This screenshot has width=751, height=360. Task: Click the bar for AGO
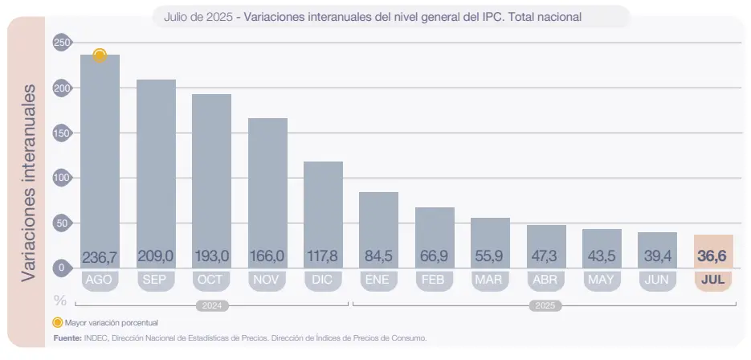point(100,161)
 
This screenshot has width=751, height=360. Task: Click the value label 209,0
point(156,256)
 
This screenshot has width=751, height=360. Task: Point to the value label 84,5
point(378,256)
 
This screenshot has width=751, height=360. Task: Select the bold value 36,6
point(713,256)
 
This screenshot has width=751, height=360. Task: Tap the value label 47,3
point(546,256)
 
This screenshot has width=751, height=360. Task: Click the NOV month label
point(267,280)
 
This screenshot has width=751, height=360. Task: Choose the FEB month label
point(435,280)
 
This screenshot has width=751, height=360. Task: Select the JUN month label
point(658,280)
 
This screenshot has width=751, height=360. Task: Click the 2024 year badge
point(211,306)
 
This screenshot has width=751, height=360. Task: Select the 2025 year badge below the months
point(546,306)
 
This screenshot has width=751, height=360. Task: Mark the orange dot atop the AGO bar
point(100,55)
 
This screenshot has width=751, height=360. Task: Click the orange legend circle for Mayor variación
point(57,323)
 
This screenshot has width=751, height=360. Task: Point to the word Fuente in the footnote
point(67,338)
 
